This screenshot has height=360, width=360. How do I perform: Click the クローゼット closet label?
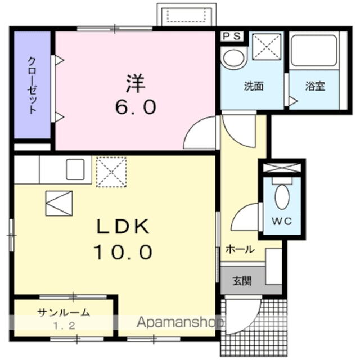pyautogui.click(x=33, y=86)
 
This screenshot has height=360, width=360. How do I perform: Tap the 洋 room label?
pyautogui.click(x=135, y=84)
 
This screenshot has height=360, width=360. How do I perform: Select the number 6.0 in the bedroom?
pyautogui.click(x=135, y=107)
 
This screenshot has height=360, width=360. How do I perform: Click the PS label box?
pyautogui.click(x=232, y=37)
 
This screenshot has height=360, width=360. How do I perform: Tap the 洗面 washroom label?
pyautogui.click(x=253, y=87)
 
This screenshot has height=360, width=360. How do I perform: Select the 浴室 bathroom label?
pyautogui.click(x=314, y=87)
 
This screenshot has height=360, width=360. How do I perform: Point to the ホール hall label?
pyautogui.click(x=240, y=249)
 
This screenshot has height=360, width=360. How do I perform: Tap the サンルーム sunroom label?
pyautogui.click(x=64, y=313)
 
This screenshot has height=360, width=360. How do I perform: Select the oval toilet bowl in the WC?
pyautogui.click(x=282, y=197)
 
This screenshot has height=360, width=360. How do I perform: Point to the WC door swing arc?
pyautogui.click(x=246, y=216)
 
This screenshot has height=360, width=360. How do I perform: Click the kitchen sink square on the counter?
pyautogui.click(x=75, y=169)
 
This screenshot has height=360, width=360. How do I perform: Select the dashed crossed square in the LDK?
pyautogui.click(x=111, y=172)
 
